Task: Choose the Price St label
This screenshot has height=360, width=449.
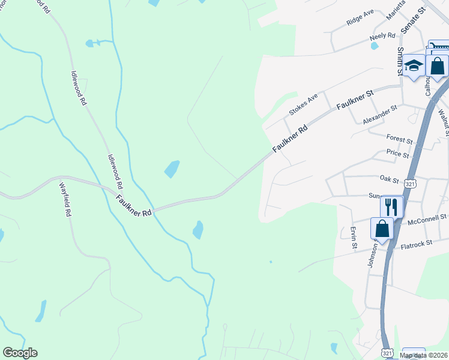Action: point(397,154)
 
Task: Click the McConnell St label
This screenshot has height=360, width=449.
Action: point(427,219)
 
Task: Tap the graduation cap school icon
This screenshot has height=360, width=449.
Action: point(414,65)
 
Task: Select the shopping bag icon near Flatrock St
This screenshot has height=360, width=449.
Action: point(382,229)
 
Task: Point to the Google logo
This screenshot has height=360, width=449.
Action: point(20,353)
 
